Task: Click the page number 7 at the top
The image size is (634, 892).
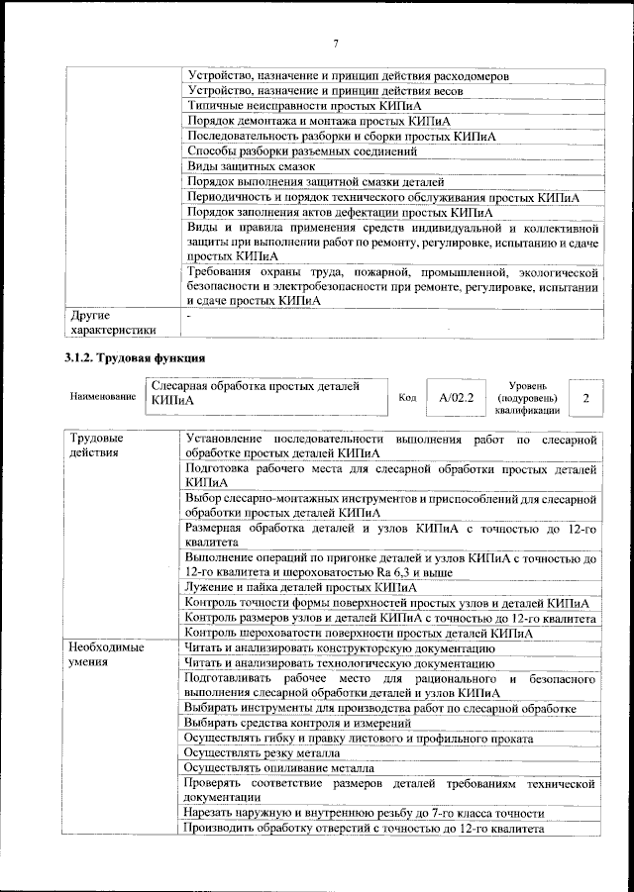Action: [x=336, y=43]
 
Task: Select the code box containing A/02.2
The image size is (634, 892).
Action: [x=456, y=397]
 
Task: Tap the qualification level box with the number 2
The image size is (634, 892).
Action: [x=587, y=397]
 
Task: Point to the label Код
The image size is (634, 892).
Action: [x=406, y=397]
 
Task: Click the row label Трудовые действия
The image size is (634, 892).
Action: [x=97, y=445]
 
